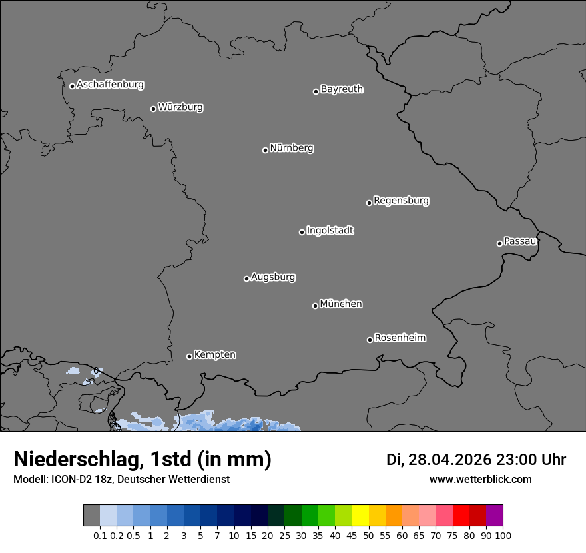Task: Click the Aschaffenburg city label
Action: point(110,85)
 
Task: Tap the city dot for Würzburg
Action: point(153,109)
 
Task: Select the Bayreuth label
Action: point(342,89)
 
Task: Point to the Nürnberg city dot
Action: point(265,150)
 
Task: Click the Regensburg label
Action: point(401,201)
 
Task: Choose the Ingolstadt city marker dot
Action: point(302,232)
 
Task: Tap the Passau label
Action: point(520,241)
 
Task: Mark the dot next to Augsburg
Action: point(246,278)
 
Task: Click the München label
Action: point(341,304)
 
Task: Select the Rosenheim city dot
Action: point(370,340)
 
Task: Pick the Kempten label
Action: point(214,355)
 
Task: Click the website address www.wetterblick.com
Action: point(480,480)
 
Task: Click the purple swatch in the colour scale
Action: point(494,516)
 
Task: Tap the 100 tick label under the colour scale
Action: point(503,536)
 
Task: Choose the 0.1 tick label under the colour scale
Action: point(100,536)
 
